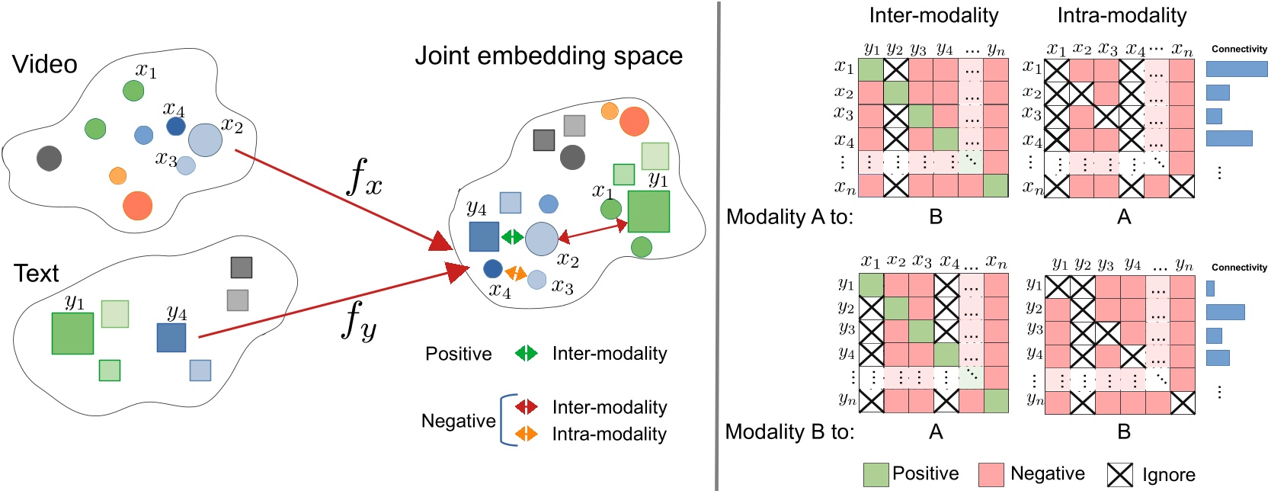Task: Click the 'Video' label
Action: (x=45, y=64)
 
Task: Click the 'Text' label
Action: (x=36, y=273)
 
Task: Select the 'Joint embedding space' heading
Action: (x=549, y=56)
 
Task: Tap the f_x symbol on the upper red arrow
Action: (x=364, y=178)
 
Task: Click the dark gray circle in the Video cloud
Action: (x=49, y=158)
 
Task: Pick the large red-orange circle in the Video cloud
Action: (x=137, y=205)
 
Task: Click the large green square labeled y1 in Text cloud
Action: (x=72, y=333)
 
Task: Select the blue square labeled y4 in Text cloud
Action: (x=171, y=338)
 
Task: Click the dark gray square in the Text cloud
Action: (x=241, y=268)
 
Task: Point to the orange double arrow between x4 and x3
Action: (x=516, y=272)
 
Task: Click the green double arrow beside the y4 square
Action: (x=512, y=237)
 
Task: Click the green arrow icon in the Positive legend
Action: (x=526, y=353)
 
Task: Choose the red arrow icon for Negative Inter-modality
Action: (x=526, y=406)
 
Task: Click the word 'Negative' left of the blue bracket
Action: (x=458, y=421)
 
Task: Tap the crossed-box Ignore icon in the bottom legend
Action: (x=1119, y=474)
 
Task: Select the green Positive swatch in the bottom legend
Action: (x=876, y=474)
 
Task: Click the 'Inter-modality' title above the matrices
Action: (x=933, y=15)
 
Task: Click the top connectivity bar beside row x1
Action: (x=1236, y=69)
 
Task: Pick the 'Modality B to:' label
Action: (x=789, y=432)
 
